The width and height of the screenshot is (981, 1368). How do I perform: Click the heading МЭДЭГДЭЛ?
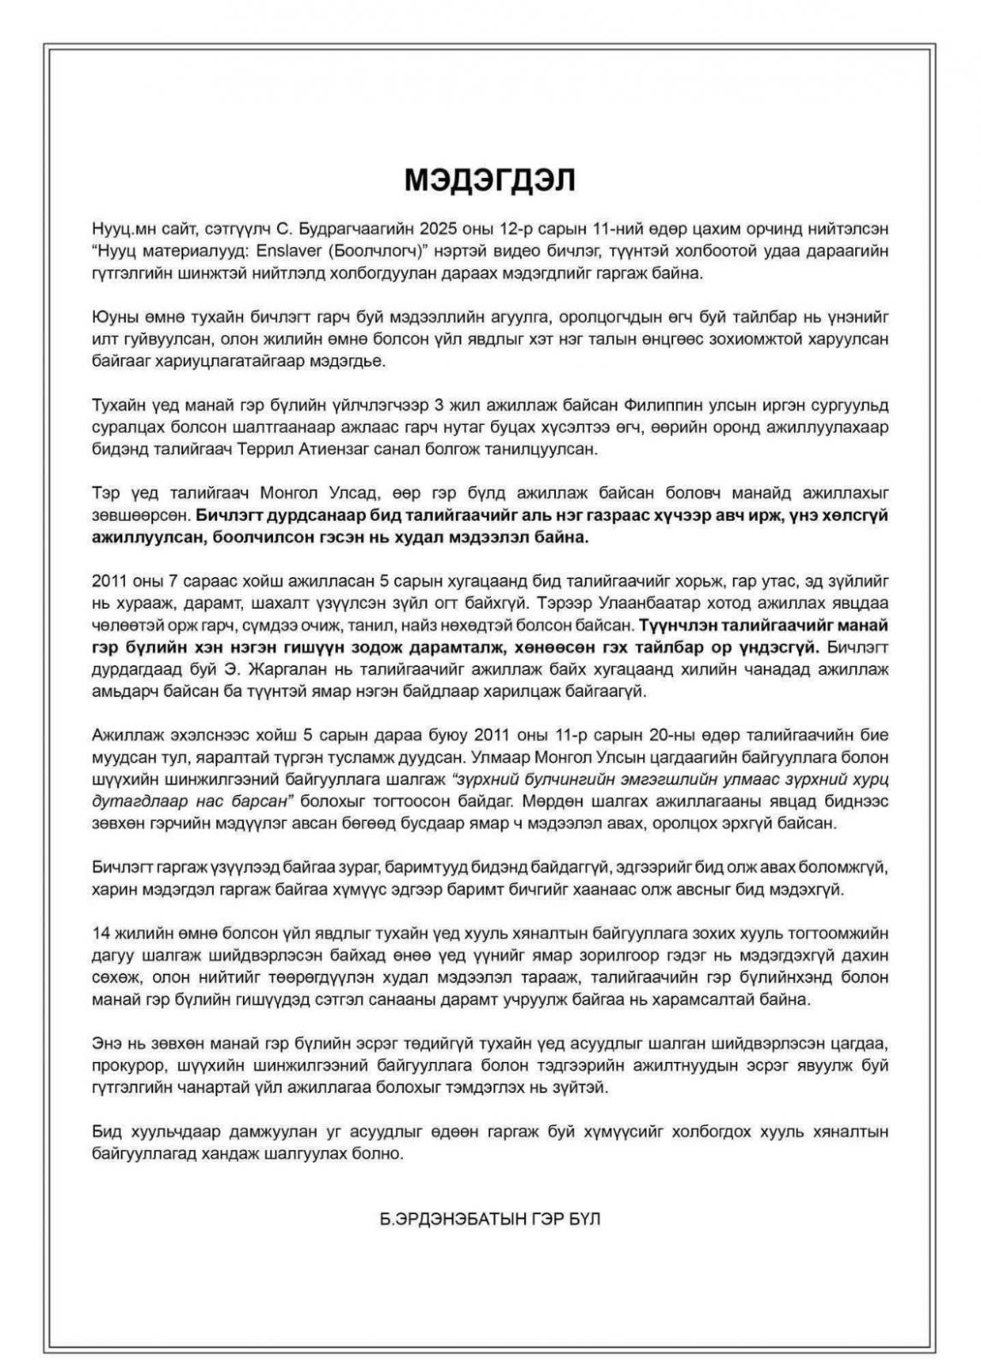point(490,180)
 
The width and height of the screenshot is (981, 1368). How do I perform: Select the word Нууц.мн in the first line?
point(122,229)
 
